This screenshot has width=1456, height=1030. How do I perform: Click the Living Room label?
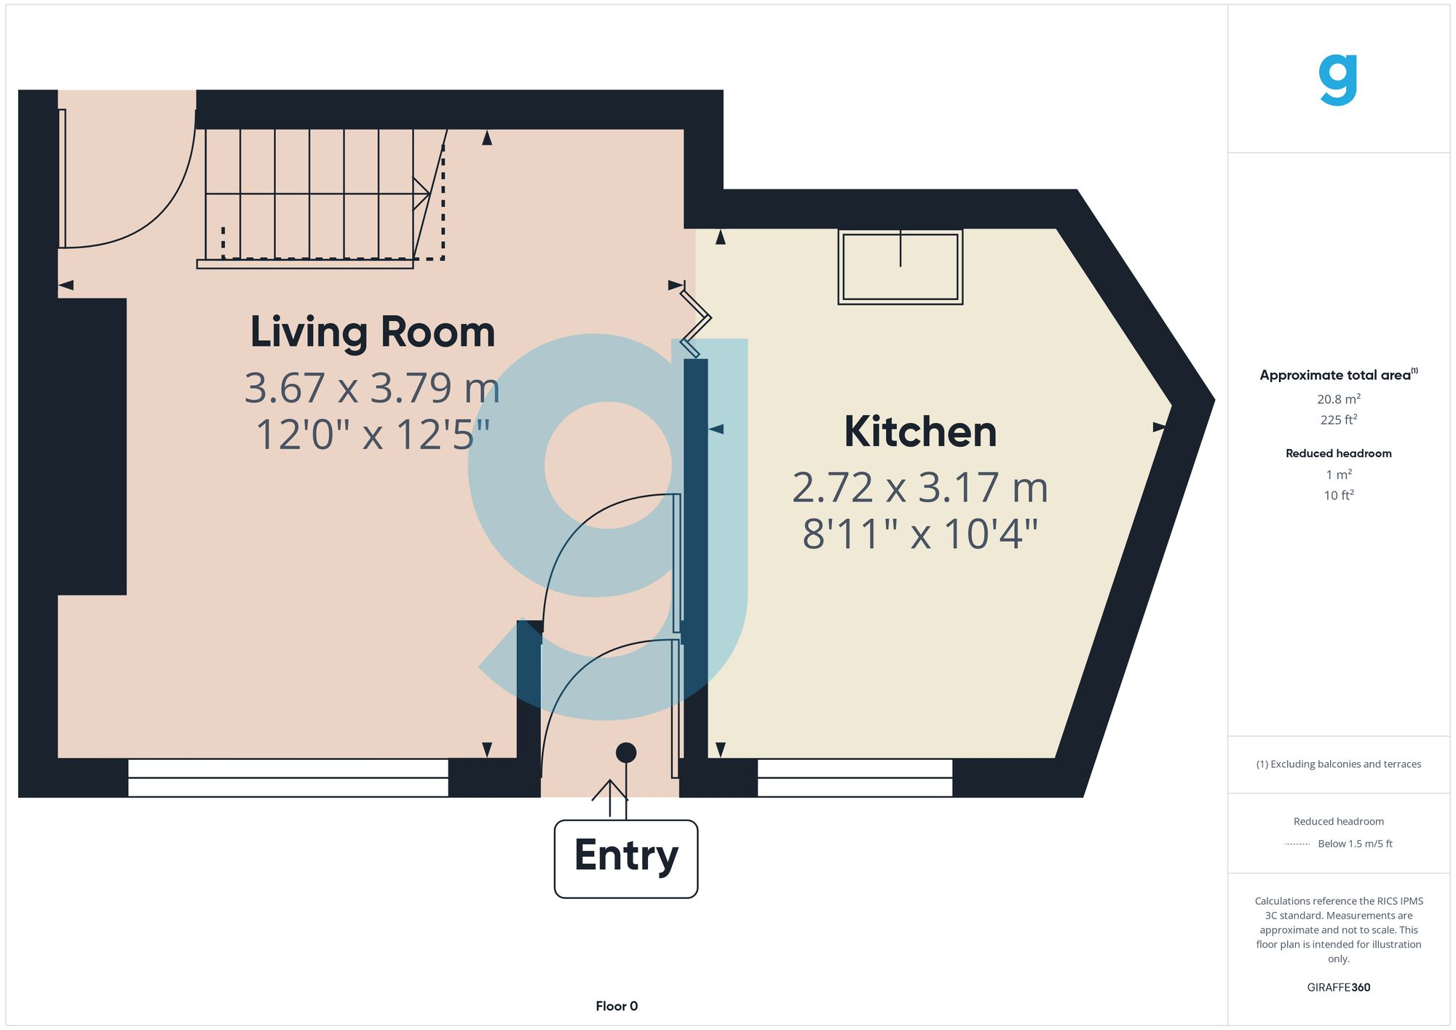[372, 332]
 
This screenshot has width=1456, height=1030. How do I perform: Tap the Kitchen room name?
[919, 432]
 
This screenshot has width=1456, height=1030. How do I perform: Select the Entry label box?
[625, 858]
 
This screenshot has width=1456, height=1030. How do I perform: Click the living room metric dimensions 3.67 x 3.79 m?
[372, 388]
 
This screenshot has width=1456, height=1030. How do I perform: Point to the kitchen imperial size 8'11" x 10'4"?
[919, 534]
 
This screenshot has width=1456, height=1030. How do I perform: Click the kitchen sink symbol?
[900, 266]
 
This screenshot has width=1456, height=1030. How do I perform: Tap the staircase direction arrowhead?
[422, 194]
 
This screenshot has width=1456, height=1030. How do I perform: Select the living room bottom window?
[288, 777]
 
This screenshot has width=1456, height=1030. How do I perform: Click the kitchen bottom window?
[854, 777]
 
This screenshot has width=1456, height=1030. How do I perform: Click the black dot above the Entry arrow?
[625, 753]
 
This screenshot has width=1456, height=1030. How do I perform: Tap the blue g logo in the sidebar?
[1338, 80]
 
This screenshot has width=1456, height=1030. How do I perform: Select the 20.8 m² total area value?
[1338, 399]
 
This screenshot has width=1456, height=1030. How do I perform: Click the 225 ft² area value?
[1338, 420]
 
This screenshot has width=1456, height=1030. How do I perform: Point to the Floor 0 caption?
[616, 1006]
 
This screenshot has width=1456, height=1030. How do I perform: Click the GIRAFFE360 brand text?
[1338, 987]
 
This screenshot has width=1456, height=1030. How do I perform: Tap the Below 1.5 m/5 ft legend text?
[1354, 844]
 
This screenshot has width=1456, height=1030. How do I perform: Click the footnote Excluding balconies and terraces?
[1338, 764]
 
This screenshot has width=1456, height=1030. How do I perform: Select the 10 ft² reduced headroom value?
[1338, 495]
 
